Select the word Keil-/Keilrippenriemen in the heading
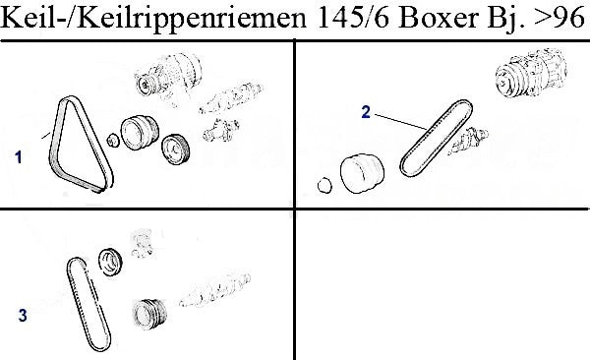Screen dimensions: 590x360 point(154,19)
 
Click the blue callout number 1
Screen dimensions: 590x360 point(18,157)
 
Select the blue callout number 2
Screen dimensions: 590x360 point(366,112)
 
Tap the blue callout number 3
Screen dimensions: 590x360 point(23,316)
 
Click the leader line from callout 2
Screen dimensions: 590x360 point(400,122)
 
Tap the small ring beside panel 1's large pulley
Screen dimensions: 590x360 point(113,141)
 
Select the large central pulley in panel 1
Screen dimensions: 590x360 point(140,133)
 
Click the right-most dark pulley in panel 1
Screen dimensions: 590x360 point(175,150)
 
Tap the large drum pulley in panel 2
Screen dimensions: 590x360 point(362,173)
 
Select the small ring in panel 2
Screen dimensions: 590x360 point(324,185)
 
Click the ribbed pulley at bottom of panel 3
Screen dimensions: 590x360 point(149,315)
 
